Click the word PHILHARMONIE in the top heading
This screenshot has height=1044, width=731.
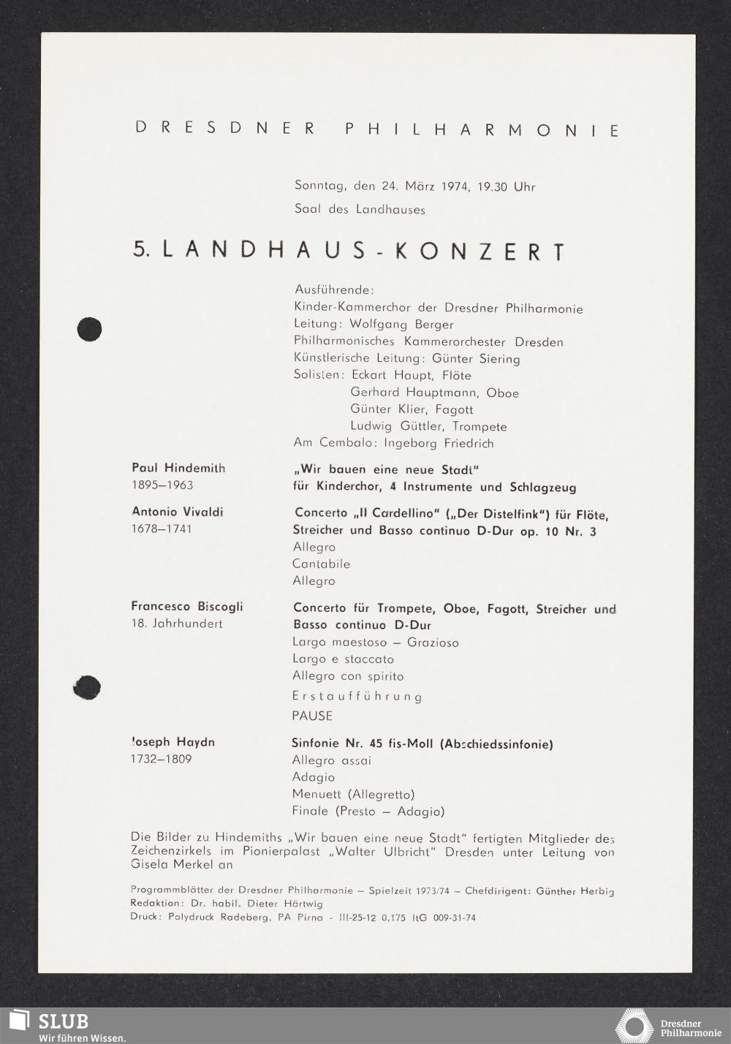(481, 130)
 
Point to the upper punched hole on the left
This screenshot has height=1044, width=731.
(89, 329)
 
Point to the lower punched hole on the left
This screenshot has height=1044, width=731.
(87, 687)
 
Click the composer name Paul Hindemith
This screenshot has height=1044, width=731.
(178, 468)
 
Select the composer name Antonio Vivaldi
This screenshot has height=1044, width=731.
(178, 512)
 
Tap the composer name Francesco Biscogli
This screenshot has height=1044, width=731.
(187, 606)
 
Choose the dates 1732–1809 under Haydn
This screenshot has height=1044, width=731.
(162, 759)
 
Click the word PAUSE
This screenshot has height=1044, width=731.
(312, 716)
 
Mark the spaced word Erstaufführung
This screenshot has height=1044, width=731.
(357, 697)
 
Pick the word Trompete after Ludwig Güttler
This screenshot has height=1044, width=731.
(479, 426)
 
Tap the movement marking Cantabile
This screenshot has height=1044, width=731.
(321, 564)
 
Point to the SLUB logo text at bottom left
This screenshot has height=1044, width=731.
(63, 1021)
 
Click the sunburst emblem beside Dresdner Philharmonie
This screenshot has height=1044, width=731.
(634, 1025)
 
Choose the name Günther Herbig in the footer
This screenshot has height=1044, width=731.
(575, 891)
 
